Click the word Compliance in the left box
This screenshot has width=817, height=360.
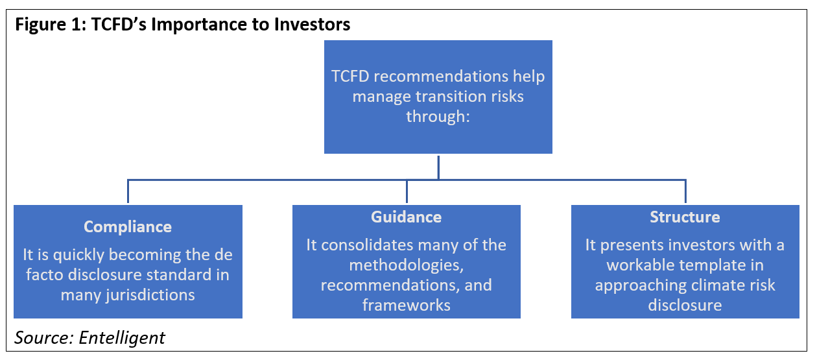(128, 227)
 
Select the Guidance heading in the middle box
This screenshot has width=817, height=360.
(407, 217)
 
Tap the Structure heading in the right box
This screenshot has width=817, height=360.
(685, 217)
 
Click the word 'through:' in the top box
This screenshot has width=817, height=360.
(438, 117)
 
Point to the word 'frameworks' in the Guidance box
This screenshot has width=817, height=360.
(407, 305)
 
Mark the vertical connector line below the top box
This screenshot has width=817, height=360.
(438, 166)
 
